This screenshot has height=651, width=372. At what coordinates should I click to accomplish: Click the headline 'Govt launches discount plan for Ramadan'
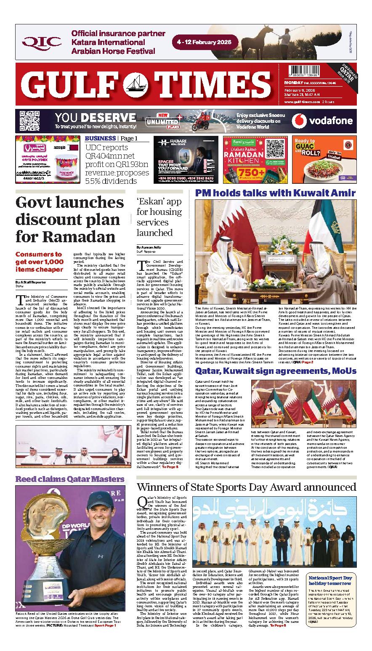click(70, 220)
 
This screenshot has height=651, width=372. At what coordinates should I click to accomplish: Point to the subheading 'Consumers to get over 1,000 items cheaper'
click(39, 262)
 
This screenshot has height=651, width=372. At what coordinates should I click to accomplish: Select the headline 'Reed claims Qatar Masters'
click(70, 479)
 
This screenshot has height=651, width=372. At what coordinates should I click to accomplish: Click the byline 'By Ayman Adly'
click(149, 247)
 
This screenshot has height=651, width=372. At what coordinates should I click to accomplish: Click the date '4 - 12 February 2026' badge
click(205, 42)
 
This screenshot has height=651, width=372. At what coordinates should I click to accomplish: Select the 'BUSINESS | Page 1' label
click(111, 138)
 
